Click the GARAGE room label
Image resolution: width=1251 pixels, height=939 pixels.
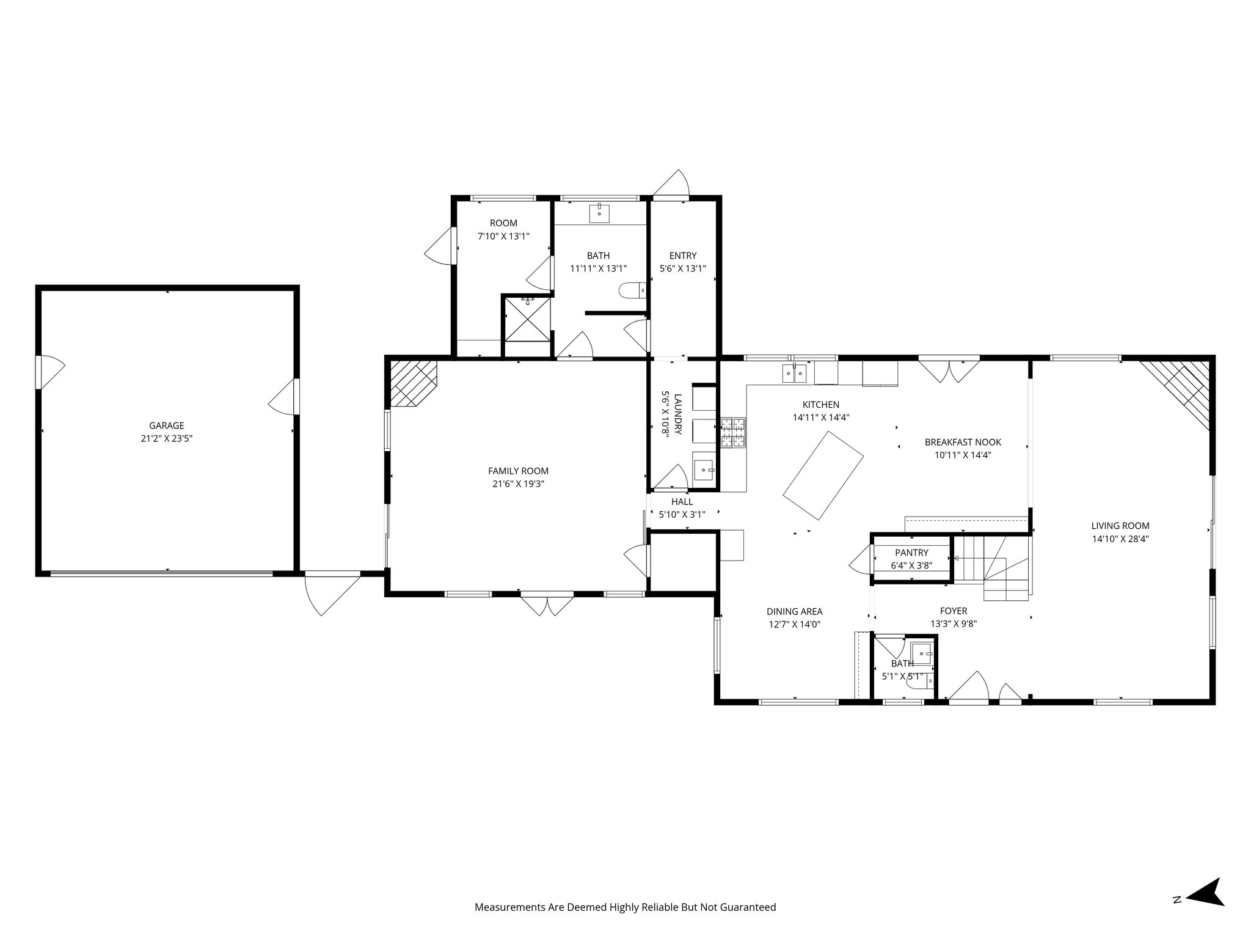tap(167, 425)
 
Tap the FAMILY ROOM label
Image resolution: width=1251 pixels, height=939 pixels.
tap(518, 471)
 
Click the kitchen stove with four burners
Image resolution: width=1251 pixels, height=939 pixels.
tap(733, 433)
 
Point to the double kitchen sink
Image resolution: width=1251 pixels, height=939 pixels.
tap(795, 372)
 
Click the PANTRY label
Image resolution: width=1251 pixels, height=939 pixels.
tap(911, 553)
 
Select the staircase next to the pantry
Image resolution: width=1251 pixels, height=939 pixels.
tap(993, 568)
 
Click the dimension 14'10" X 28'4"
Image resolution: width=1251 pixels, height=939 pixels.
tap(1120, 539)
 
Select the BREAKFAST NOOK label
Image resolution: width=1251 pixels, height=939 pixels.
tap(963, 442)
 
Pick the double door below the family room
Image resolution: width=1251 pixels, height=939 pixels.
tap(547, 604)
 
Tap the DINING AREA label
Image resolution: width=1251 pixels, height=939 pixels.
tap(794, 611)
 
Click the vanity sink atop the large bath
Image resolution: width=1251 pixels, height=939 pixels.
tap(600, 214)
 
